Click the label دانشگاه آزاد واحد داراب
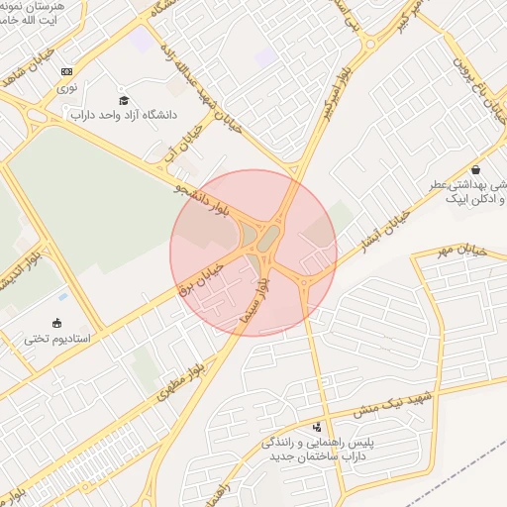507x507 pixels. pyautogui.click(x=133, y=114)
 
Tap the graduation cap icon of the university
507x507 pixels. pyautogui.click(x=124, y=100)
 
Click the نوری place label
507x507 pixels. pyautogui.click(x=66, y=87)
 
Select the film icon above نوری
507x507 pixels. pyautogui.click(x=66, y=71)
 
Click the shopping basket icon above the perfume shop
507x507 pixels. pyautogui.click(x=477, y=168)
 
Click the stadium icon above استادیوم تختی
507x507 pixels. pyautogui.click(x=57, y=323)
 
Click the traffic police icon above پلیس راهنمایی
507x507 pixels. pyautogui.click(x=317, y=428)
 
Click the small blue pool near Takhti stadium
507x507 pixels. pyautogui.click(x=63, y=296)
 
